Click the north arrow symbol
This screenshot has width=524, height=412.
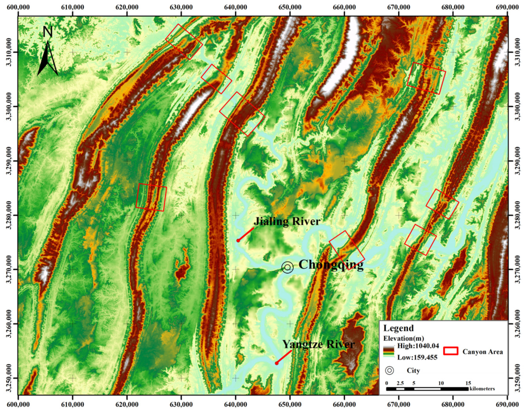(48, 52)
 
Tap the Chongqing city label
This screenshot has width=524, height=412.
(331, 265)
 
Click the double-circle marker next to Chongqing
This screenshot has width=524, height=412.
(287, 267)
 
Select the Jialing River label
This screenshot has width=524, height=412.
(287, 221)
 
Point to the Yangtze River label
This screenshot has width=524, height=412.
(318, 344)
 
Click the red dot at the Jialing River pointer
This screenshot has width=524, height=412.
(238, 240)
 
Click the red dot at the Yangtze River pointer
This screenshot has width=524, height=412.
(277, 363)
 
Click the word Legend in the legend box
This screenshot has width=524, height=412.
(398, 328)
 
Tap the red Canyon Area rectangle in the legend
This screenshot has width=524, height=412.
(451, 351)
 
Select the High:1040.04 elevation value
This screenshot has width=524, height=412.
(418, 346)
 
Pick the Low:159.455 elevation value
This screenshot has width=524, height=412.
(417, 357)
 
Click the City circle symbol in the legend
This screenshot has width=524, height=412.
(389, 370)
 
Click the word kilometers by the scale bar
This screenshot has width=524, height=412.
(482, 389)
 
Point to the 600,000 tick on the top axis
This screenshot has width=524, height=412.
(18, 7)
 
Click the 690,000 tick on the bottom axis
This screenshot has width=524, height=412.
(507, 404)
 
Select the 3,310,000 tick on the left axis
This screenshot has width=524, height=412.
(8, 52)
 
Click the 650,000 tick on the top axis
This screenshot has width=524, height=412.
(290, 7)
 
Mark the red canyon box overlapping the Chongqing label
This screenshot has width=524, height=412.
(347, 250)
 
